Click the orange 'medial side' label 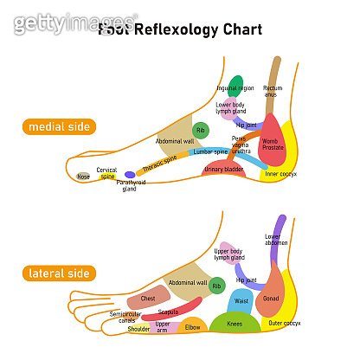point(61,126)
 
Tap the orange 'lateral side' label point(60,273)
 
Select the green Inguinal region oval point(235,87)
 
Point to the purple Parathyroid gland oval point(130,174)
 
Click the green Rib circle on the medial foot point(201,131)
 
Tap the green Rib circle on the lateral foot point(216,284)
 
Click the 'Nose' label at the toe point(83,177)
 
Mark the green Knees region point(235,324)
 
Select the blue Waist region point(241,301)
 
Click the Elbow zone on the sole point(192,327)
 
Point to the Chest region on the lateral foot point(148,299)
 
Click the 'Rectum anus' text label point(272,91)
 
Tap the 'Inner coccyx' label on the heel point(283,175)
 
